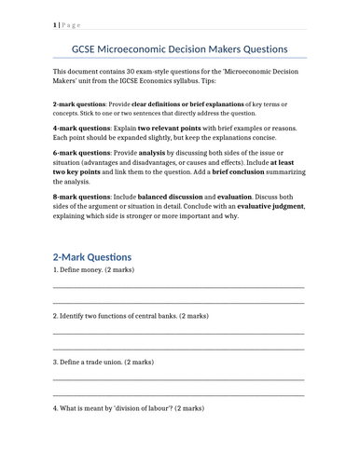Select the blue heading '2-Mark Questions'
point(92,256)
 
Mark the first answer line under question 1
point(178,288)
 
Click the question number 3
point(55,361)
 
